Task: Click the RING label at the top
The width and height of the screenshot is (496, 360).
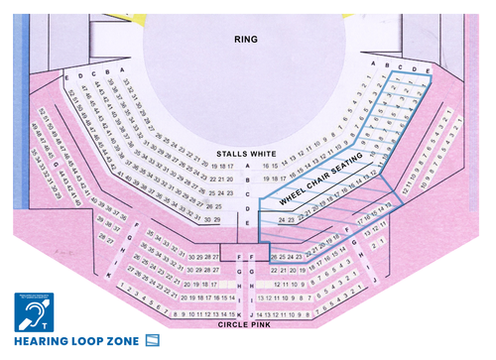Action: point(246,40)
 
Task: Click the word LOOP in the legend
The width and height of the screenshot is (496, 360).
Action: point(87,342)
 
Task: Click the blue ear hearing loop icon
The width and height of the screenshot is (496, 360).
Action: point(38,312)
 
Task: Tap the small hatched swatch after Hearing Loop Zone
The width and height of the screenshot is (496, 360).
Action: point(153,341)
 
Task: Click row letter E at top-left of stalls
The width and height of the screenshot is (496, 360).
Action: point(65,76)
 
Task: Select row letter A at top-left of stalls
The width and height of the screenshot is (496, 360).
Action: point(121,69)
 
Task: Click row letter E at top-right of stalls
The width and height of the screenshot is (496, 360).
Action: point(428,71)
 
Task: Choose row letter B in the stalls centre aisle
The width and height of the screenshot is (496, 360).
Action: point(247,180)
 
